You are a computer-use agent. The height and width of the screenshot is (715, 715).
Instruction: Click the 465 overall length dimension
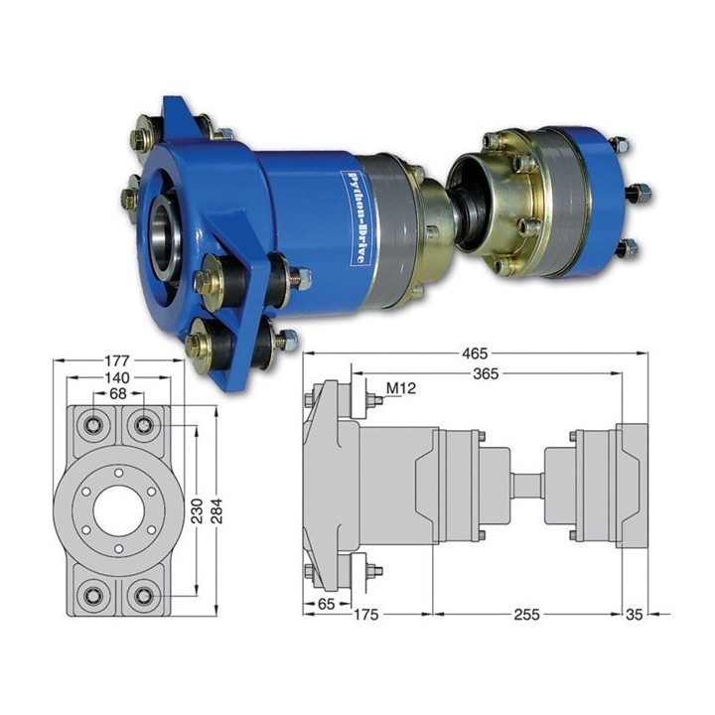[x=475, y=354]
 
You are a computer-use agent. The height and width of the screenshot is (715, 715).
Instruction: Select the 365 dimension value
[x=486, y=374]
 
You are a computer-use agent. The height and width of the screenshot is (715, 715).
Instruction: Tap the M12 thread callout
[x=401, y=388]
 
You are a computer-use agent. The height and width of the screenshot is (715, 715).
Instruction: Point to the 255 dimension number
[x=526, y=615]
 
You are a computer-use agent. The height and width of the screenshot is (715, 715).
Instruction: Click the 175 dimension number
[x=366, y=615]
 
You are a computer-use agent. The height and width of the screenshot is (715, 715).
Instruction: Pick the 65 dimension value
[x=326, y=604]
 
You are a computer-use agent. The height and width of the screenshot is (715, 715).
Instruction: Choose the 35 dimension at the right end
[x=634, y=615]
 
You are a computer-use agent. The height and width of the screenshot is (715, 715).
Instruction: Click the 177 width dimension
[x=117, y=360]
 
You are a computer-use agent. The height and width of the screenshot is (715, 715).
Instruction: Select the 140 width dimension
[x=117, y=377]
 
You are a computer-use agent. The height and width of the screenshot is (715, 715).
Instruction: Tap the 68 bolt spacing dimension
[x=118, y=393]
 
